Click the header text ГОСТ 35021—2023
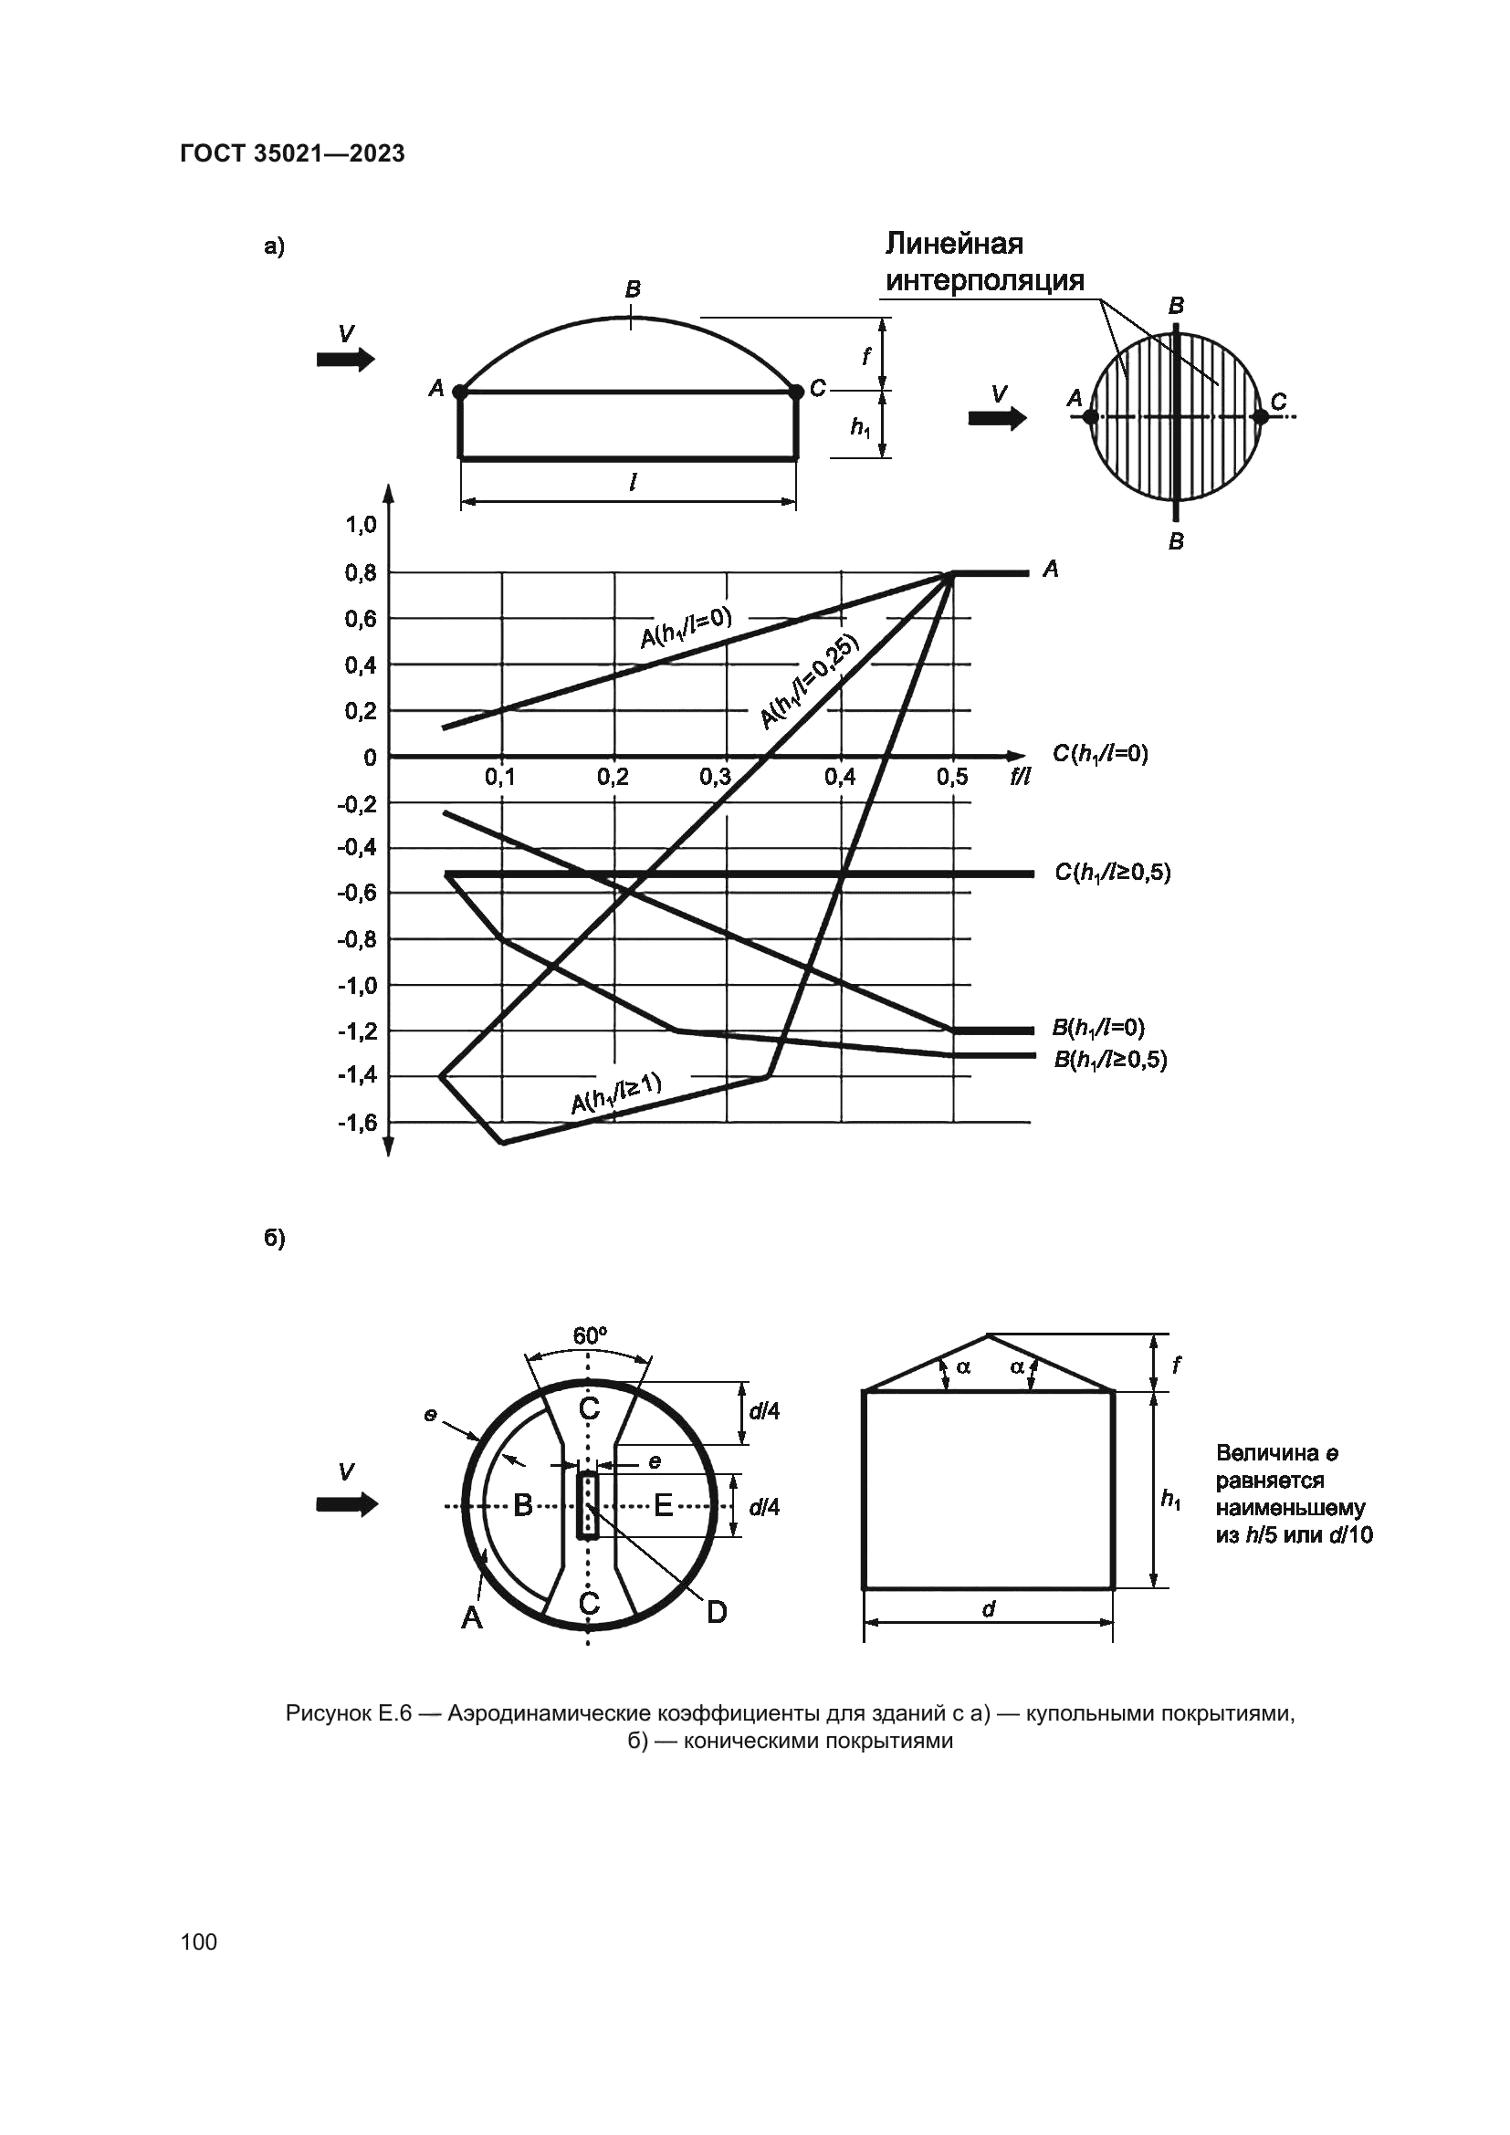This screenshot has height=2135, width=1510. pyautogui.click(x=292, y=153)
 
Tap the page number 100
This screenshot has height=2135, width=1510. pyautogui.click(x=199, y=1941)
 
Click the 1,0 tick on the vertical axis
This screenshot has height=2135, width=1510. pyautogui.click(x=361, y=526)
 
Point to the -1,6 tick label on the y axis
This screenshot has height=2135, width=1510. pyautogui.click(x=358, y=1123)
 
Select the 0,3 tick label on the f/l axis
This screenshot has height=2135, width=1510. pyautogui.click(x=715, y=778)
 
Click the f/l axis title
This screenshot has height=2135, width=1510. pyautogui.click(x=1020, y=778)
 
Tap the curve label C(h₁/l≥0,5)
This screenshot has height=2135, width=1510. pyautogui.click(x=1112, y=873)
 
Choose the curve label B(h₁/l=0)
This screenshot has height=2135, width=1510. pyautogui.click(x=1098, y=1028)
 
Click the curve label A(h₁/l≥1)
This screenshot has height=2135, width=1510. pyautogui.click(x=615, y=1093)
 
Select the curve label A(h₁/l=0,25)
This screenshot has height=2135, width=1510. pyautogui.click(x=809, y=682)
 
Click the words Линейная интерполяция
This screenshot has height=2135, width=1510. pyautogui.click(x=984, y=262)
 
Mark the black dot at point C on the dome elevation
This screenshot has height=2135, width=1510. pyautogui.click(x=796, y=392)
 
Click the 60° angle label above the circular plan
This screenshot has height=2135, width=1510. pyautogui.click(x=590, y=1336)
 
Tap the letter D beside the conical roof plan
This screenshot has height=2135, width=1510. pyautogui.click(x=716, y=1612)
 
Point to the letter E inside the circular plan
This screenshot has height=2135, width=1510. pyautogui.click(x=663, y=1504)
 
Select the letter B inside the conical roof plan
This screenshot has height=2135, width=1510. pyautogui.click(x=523, y=1504)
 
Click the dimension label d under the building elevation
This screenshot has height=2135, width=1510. pyautogui.click(x=989, y=1608)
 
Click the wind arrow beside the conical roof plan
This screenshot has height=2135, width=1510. pyautogui.click(x=347, y=1504)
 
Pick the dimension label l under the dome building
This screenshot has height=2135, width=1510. pyautogui.click(x=633, y=483)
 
